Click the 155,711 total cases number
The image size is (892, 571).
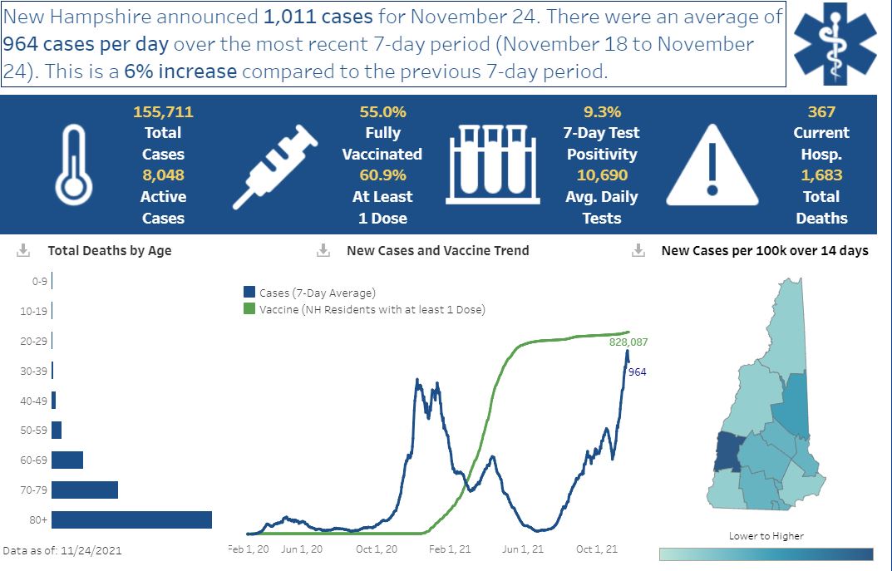click(163, 112)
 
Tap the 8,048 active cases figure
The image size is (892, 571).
click(163, 175)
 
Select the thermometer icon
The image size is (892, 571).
click(73, 165)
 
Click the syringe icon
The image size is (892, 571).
click(275, 166)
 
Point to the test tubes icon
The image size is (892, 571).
click(493, 165)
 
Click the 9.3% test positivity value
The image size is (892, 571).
click(602, 112)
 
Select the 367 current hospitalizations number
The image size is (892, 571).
click(821, 112)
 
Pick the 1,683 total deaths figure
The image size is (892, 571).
click(821, 175)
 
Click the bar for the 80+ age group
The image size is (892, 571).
click(131, 519)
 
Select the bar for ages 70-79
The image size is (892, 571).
click(85, 490)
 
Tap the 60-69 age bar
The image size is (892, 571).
click(67, 460)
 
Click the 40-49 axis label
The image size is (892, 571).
click(33, 401)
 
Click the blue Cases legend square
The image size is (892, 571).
click(249, 293)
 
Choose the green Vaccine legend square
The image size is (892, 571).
click(249, 309)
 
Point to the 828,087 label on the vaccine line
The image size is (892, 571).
click(628, 342)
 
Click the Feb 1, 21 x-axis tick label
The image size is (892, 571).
click(450, 549)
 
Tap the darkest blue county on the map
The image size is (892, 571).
click(727, 452)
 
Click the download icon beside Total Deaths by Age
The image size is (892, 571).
click(23, 250)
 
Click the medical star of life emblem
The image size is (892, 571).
click(835, 44)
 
